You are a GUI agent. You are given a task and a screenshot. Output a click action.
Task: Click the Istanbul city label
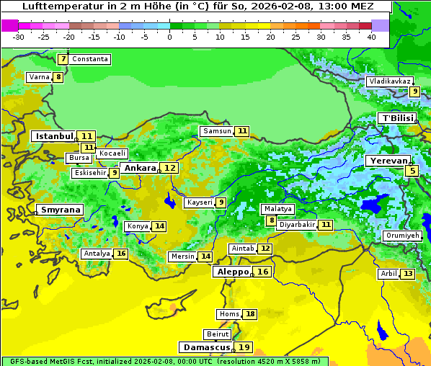click(55, 135)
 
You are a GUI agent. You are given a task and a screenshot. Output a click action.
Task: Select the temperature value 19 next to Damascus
click(244, 347)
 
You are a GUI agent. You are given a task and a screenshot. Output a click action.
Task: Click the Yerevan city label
click(388, 161)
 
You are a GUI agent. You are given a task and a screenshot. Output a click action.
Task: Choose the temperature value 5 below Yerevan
click(412, 171)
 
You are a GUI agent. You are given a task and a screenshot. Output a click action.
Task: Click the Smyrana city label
click(60, 210)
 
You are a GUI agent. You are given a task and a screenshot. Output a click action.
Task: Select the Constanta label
click(90, 59)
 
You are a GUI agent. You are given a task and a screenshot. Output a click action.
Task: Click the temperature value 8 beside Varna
click(58, 77)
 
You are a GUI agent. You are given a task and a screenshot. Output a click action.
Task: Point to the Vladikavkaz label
click(389, 81)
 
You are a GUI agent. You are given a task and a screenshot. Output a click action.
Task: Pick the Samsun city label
click(217, 131)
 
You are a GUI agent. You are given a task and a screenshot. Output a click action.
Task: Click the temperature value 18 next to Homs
click(250, 314)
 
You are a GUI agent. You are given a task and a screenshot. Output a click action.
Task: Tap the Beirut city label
click(218, 334)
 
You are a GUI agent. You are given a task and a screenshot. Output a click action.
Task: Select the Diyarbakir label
click(297, 225)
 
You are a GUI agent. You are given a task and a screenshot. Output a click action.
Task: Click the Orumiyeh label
click(401, 236)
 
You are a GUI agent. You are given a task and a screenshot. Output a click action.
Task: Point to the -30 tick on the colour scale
click(19, 36)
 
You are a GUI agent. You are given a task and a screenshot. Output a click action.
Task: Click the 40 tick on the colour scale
click(371, 36)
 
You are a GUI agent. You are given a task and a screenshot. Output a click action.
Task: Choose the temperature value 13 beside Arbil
click(408, 274)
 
